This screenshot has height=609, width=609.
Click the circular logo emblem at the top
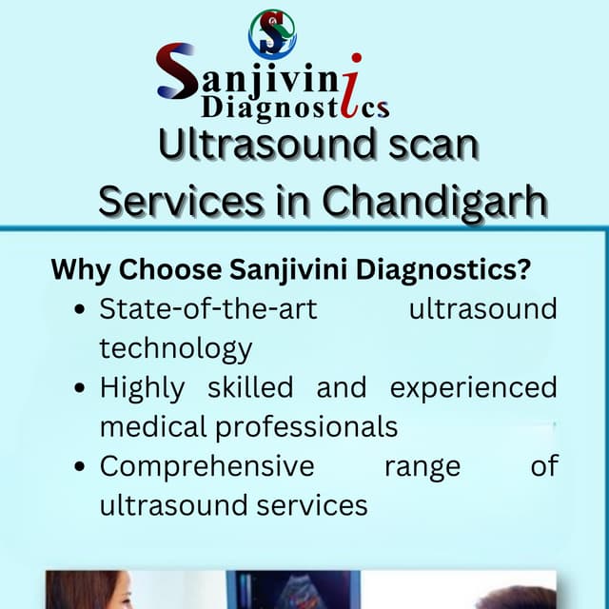(272, 33)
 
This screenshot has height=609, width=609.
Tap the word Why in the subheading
(80, 270)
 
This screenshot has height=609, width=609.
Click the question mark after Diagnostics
(522, 270)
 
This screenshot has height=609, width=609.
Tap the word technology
(176, 349)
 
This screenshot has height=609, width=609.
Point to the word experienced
(473, 388)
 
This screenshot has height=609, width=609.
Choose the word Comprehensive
(206, 467)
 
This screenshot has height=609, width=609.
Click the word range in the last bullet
(422, 467)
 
